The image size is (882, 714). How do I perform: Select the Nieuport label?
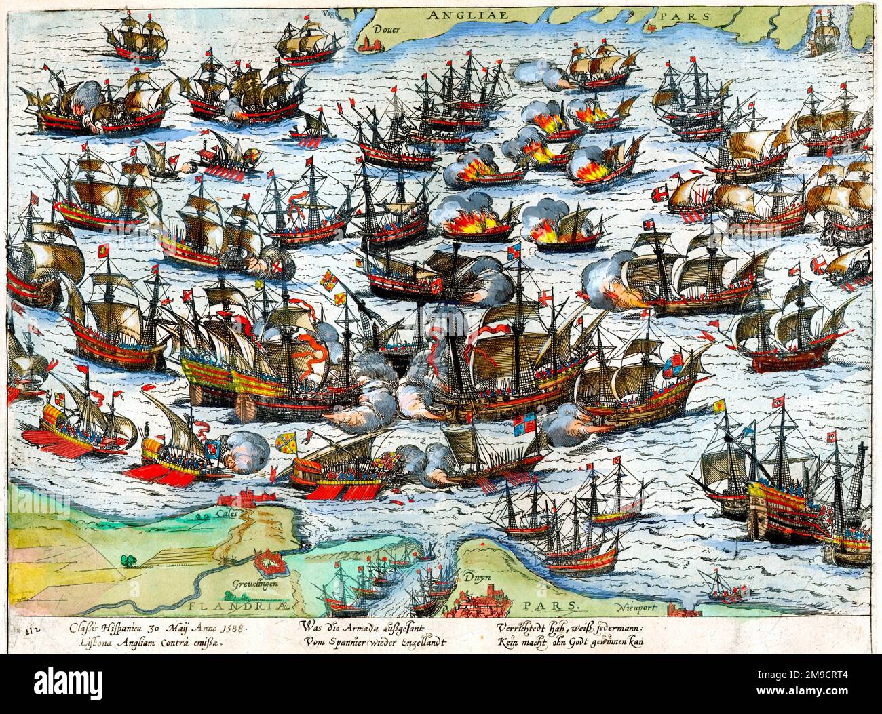638,608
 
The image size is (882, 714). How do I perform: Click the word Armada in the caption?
370,627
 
